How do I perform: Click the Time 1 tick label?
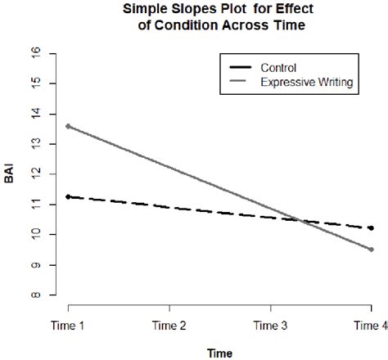click(x=68, y=325)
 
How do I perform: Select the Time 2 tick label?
click(x=169, y=325)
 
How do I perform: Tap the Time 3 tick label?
click(x=271, y=325)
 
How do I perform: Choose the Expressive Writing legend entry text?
click(x=307, y=82)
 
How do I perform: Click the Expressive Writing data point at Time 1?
click(x=68, y=126)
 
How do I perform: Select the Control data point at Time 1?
click(x=68, y=196)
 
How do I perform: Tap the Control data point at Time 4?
click(x=372, y=228)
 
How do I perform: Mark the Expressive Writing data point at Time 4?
click(x=372, y=250)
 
